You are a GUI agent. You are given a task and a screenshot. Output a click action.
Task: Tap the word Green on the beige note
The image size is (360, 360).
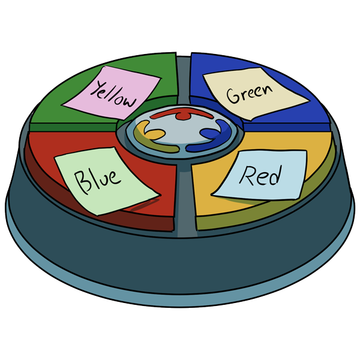[x=249, y=94]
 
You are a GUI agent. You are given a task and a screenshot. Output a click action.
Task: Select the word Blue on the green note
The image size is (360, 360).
[x=97, y=178]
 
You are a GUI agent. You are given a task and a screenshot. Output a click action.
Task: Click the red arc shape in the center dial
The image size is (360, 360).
[x=178, y=113]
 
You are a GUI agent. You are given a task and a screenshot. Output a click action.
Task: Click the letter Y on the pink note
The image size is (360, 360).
[x=95, y=90]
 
